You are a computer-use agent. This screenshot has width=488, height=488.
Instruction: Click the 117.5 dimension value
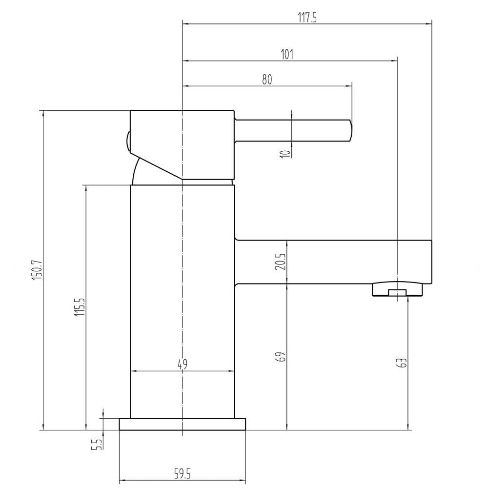point(307,18)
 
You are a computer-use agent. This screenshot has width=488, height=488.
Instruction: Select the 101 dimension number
point(287,55)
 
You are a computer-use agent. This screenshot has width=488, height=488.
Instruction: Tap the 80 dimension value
point(267,80)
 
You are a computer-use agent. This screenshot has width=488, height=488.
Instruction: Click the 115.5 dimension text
point(80,307)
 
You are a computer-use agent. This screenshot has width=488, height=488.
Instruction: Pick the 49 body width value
point(183,364)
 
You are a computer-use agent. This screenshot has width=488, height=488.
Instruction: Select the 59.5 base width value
point(182,474)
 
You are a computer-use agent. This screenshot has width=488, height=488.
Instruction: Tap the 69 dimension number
point(281,357)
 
